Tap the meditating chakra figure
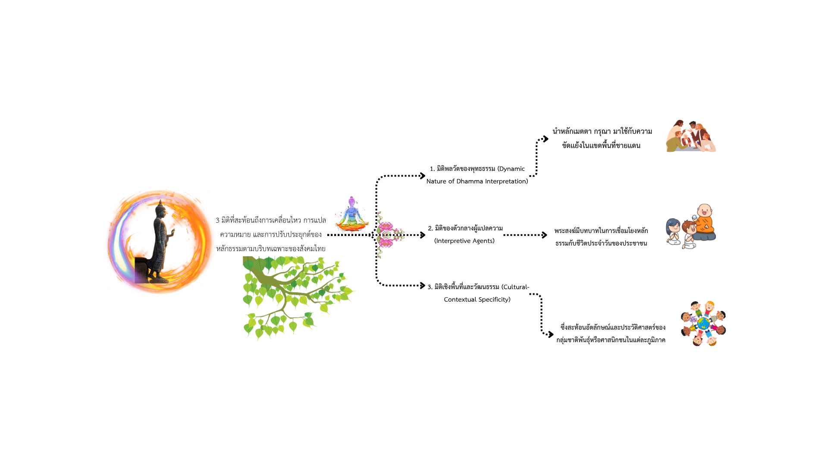click(x=352, y=214)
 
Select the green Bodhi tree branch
click(x=293, y=293)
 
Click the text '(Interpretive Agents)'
click(x=464, y=241)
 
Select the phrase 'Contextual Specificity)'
click(x=477, y=299)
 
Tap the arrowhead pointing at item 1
click(x=423, y=176)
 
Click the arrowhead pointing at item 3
click(x=423, y=285)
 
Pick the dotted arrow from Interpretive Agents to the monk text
click(x=525, y=235)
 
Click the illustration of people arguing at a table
click(x=690, y=136)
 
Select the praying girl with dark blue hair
click(x=673, y=232)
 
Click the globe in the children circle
click(x=703, y=323)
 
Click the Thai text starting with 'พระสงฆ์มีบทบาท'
click(x=601, y=237)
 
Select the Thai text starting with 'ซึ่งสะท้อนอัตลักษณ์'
click(x=611, y=334)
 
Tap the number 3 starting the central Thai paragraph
click(x=218, y=220)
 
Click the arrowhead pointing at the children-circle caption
click(x=551, y=334)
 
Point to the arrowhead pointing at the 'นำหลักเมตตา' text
click(x=546, y=139)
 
